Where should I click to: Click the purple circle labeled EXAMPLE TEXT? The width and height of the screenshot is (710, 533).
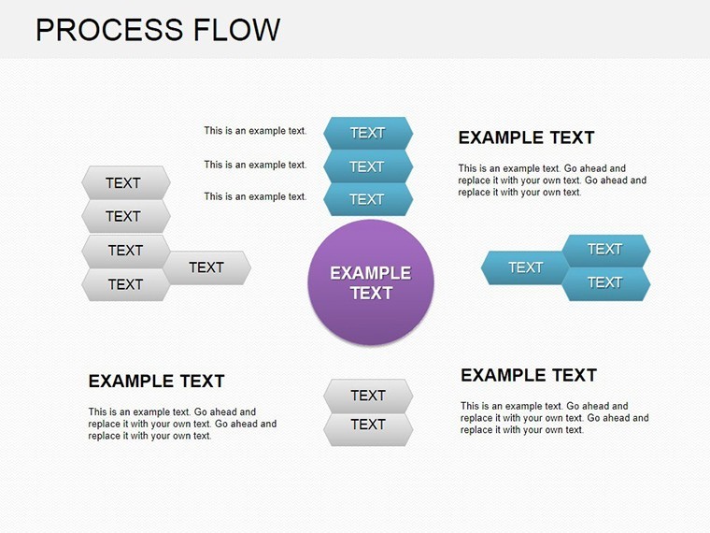371,282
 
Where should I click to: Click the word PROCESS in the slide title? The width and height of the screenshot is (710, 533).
109,30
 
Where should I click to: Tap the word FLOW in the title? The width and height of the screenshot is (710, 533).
236,30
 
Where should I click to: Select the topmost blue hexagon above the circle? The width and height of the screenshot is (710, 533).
368,133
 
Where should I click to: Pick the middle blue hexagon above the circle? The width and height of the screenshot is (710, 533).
368,166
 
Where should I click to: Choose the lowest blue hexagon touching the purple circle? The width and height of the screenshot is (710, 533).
368,199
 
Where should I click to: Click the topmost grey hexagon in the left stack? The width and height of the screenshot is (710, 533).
126,182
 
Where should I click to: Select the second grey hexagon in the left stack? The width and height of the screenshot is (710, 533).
126,216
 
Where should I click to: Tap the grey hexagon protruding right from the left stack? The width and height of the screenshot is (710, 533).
207,267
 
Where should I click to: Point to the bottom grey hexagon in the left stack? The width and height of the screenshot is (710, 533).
126,284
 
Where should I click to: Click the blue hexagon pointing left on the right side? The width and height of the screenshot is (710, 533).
525,267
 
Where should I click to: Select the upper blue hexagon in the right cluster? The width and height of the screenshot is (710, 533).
606,251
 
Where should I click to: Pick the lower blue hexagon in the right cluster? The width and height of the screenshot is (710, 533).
606,283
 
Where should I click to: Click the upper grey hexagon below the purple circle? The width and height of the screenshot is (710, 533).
368,396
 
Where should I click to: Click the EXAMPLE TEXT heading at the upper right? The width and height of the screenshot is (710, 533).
526,137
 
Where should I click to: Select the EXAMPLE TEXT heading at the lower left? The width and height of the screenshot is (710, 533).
156,382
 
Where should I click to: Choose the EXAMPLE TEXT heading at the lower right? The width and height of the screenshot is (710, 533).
529,375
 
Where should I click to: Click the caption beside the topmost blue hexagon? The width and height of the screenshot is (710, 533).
255,131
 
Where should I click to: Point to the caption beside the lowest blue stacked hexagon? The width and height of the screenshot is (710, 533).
255,196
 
